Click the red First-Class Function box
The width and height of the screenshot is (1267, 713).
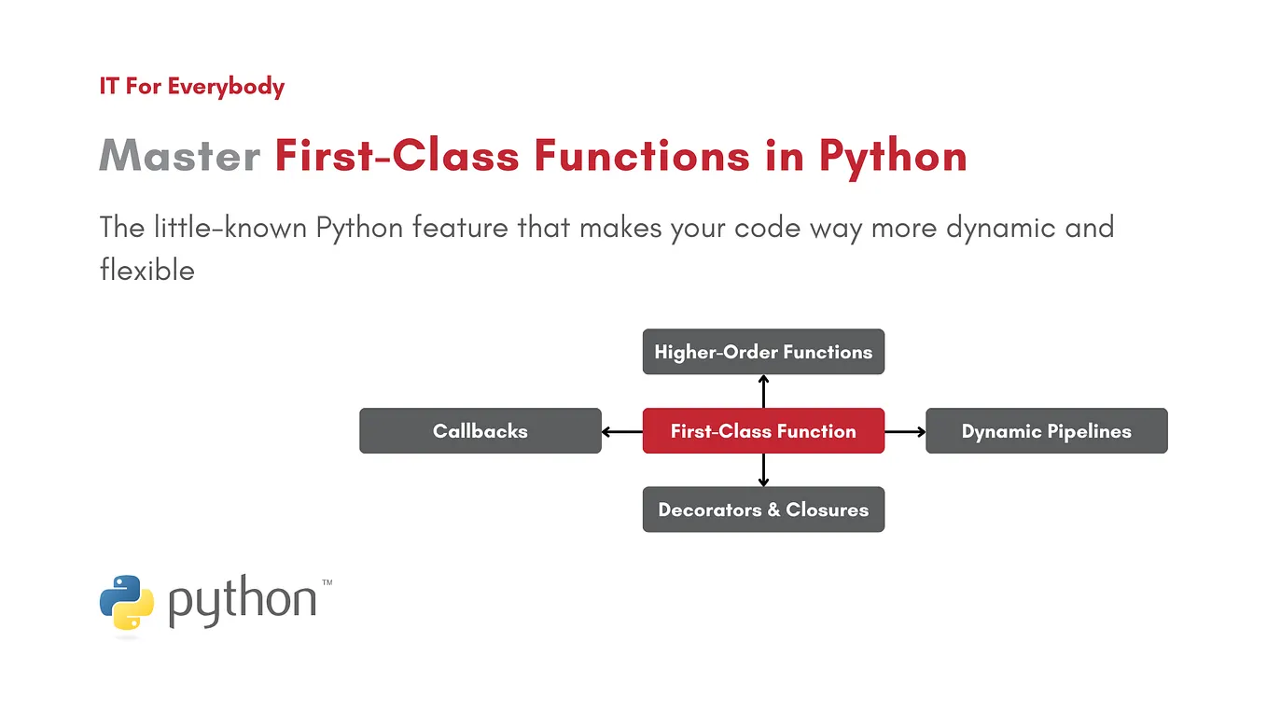763,431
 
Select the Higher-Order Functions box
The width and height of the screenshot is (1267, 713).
763,352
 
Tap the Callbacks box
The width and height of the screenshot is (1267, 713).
480,431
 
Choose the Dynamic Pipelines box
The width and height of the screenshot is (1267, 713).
1046,431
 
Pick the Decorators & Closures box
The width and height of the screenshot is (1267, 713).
763,510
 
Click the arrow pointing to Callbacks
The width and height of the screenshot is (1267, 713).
621,431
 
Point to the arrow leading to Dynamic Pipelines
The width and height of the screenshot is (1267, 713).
905,431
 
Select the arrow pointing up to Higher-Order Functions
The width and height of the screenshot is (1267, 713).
763,391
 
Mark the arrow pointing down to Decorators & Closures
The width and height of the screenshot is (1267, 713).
763,470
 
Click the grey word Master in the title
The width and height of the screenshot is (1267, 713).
179,156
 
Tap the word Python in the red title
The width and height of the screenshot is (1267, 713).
893,156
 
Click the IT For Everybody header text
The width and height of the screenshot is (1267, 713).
191,87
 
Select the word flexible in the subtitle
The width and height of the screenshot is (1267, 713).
146,271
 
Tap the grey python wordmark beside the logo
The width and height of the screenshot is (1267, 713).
243,602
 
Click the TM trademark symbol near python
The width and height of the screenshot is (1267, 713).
327,582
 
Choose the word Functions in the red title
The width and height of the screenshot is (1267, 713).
641,156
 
